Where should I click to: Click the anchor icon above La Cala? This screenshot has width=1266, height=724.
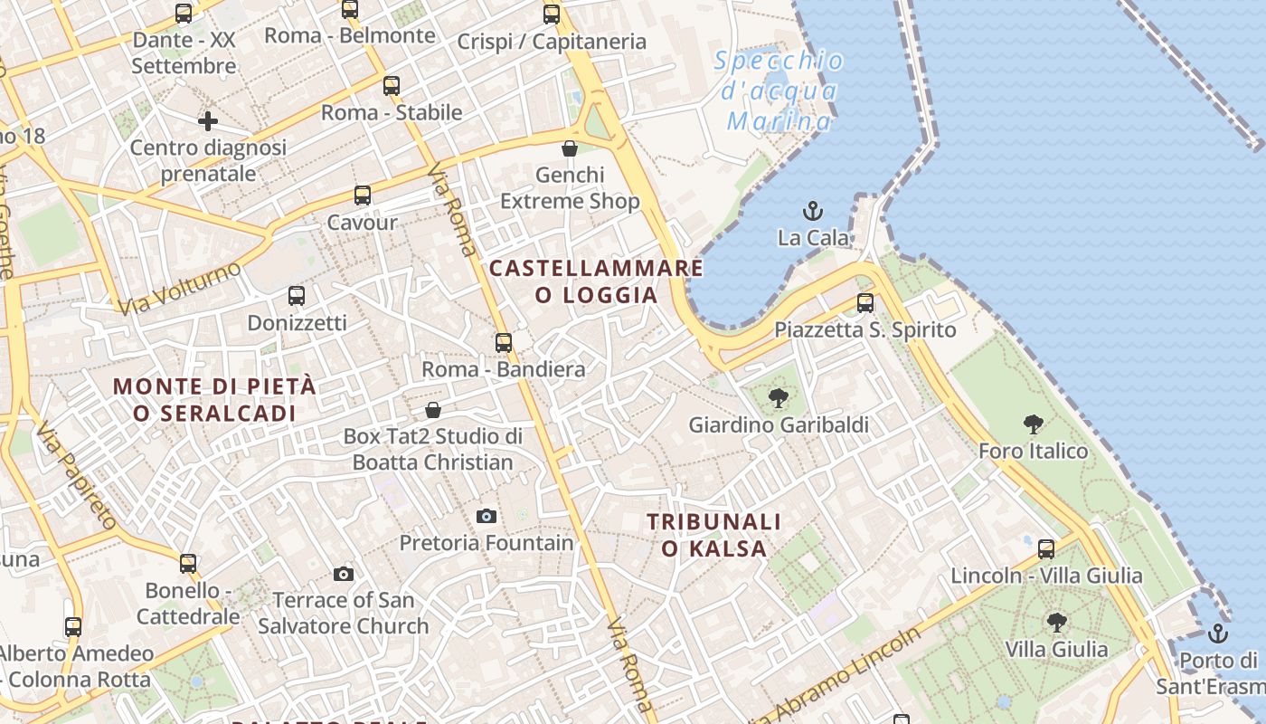tap(813, 212)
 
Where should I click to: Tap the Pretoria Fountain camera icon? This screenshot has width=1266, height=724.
tap(487, 516)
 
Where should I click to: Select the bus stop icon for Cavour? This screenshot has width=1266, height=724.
tap(363, 195)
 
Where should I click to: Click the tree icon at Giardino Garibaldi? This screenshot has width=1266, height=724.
tap(778, 397)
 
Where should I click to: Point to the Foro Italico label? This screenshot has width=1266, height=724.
tap(1033, 451)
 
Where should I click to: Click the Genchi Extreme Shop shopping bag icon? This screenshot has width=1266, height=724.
tap(570, 148)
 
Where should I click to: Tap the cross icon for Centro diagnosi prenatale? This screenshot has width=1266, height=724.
tap(208, 120)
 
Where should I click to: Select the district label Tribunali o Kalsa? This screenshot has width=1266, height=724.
tap(714, 535)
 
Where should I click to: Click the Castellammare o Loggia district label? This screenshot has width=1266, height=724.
tap(596, 281)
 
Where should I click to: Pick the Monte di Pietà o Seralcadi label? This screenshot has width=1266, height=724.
tap(214, 399)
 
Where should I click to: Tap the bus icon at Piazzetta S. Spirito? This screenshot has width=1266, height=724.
tap(865, 303)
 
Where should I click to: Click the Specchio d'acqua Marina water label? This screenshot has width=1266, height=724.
tap(779, 91)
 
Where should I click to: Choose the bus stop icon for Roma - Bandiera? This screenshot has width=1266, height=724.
tap(504, 343)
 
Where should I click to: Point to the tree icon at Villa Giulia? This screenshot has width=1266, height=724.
tap(1056, 623)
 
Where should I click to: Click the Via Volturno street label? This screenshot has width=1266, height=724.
tap(180, 288)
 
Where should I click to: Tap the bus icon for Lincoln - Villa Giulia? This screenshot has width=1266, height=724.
tap(1046, 548)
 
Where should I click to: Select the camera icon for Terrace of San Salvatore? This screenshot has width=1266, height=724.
tap(343, 574)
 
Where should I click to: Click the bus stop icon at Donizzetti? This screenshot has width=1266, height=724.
tap(296, 296)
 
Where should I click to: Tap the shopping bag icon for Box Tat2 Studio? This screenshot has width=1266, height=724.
tap(433, 410)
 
